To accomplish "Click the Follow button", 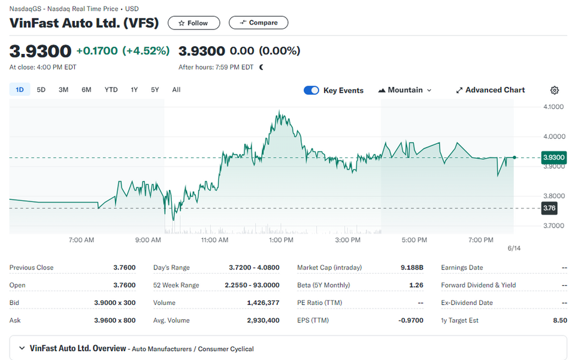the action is (x=193, y=23).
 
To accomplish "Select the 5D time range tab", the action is (x=41, y=90).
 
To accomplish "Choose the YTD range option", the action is (x=111, y=90).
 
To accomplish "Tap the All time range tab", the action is (x=176, y=90).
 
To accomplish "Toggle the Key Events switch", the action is (x=311, y=90).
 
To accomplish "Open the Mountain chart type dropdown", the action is (x=405, y=90).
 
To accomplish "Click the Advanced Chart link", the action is (x=491, y=90).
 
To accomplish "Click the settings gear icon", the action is (x=555, y=90).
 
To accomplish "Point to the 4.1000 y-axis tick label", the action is (x=553, y=107).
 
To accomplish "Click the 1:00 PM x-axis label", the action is (x=282, y=240).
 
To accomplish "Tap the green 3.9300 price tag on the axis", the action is (x=553, y=158).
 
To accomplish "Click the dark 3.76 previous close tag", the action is (x=549, y=208).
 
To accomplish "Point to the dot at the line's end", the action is (x=515, y=158).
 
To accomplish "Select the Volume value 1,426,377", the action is (x=264, y=303).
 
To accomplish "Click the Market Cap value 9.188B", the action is (x=412, y=268).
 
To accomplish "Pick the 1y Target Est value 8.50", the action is (x=560, y=320).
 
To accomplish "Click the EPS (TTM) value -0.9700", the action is (x=411, y=320).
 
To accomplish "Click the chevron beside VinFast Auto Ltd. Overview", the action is (x=22, y=348).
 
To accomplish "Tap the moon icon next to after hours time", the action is (x=262, y=67).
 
